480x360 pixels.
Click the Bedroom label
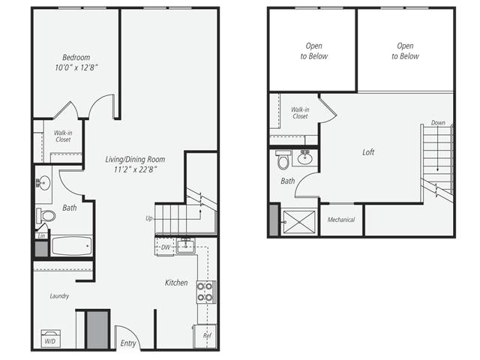pos(76,58)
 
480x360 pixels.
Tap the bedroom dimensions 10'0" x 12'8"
pos(76,68)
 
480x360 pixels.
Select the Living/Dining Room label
pos(135,160)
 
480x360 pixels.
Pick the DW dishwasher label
pos(165,246)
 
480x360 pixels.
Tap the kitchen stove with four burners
pos(205,291)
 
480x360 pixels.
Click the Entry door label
pos(127,343)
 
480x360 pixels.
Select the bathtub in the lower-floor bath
pos(71,247)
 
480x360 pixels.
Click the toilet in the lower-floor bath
pos(46,216)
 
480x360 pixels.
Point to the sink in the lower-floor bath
pos(43,182)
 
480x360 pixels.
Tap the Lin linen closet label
pos(40,235)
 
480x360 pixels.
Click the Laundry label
pos(59,296)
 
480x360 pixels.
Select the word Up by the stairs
pos(150,218)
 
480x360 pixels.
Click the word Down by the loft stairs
pos(437,123)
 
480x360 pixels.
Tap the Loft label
pos(368,152)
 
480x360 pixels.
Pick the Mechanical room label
pos(341,220)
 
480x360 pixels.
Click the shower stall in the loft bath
pos(300,221)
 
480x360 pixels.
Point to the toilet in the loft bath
pos(283,160)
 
